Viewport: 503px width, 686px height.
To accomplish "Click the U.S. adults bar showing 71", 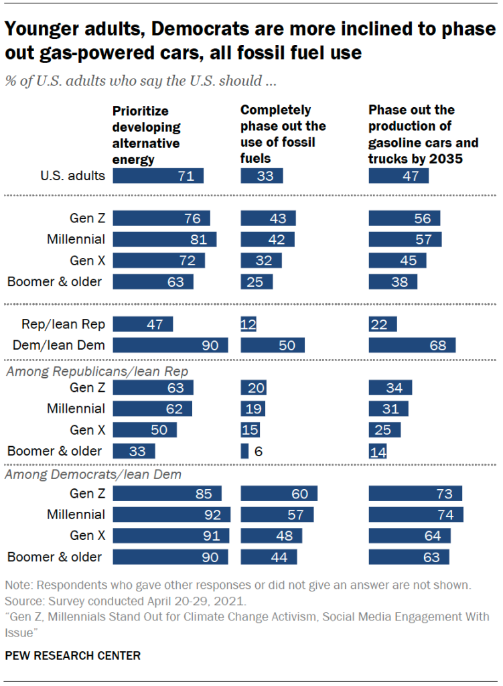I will click(x=158, y=176).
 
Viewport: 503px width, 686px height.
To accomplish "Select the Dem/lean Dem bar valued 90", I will click(x=170, y=346).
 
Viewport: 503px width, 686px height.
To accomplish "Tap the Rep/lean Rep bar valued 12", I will click(x=248, y=325).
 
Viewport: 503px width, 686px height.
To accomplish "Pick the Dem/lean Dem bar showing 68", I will click(x=412, y=346).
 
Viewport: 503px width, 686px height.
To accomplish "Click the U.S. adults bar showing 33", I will click(x=262, y=176).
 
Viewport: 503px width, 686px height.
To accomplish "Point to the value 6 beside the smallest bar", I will click(x=258, y=451).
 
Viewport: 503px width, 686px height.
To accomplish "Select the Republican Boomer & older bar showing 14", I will click(x=378, y=451).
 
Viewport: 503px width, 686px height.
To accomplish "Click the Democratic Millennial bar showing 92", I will click(x=171, y=514).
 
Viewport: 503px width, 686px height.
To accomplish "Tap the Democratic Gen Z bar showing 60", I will click(x=279, y=494).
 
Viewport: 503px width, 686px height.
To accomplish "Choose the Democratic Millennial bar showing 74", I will click(x=416, y=514).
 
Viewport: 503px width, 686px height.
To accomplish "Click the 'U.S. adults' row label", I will click(x=72, y=176).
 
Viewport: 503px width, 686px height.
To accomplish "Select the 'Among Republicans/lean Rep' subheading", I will click(x=96, y=371).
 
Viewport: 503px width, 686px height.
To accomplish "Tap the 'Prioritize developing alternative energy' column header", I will click(x=146, y=135).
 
